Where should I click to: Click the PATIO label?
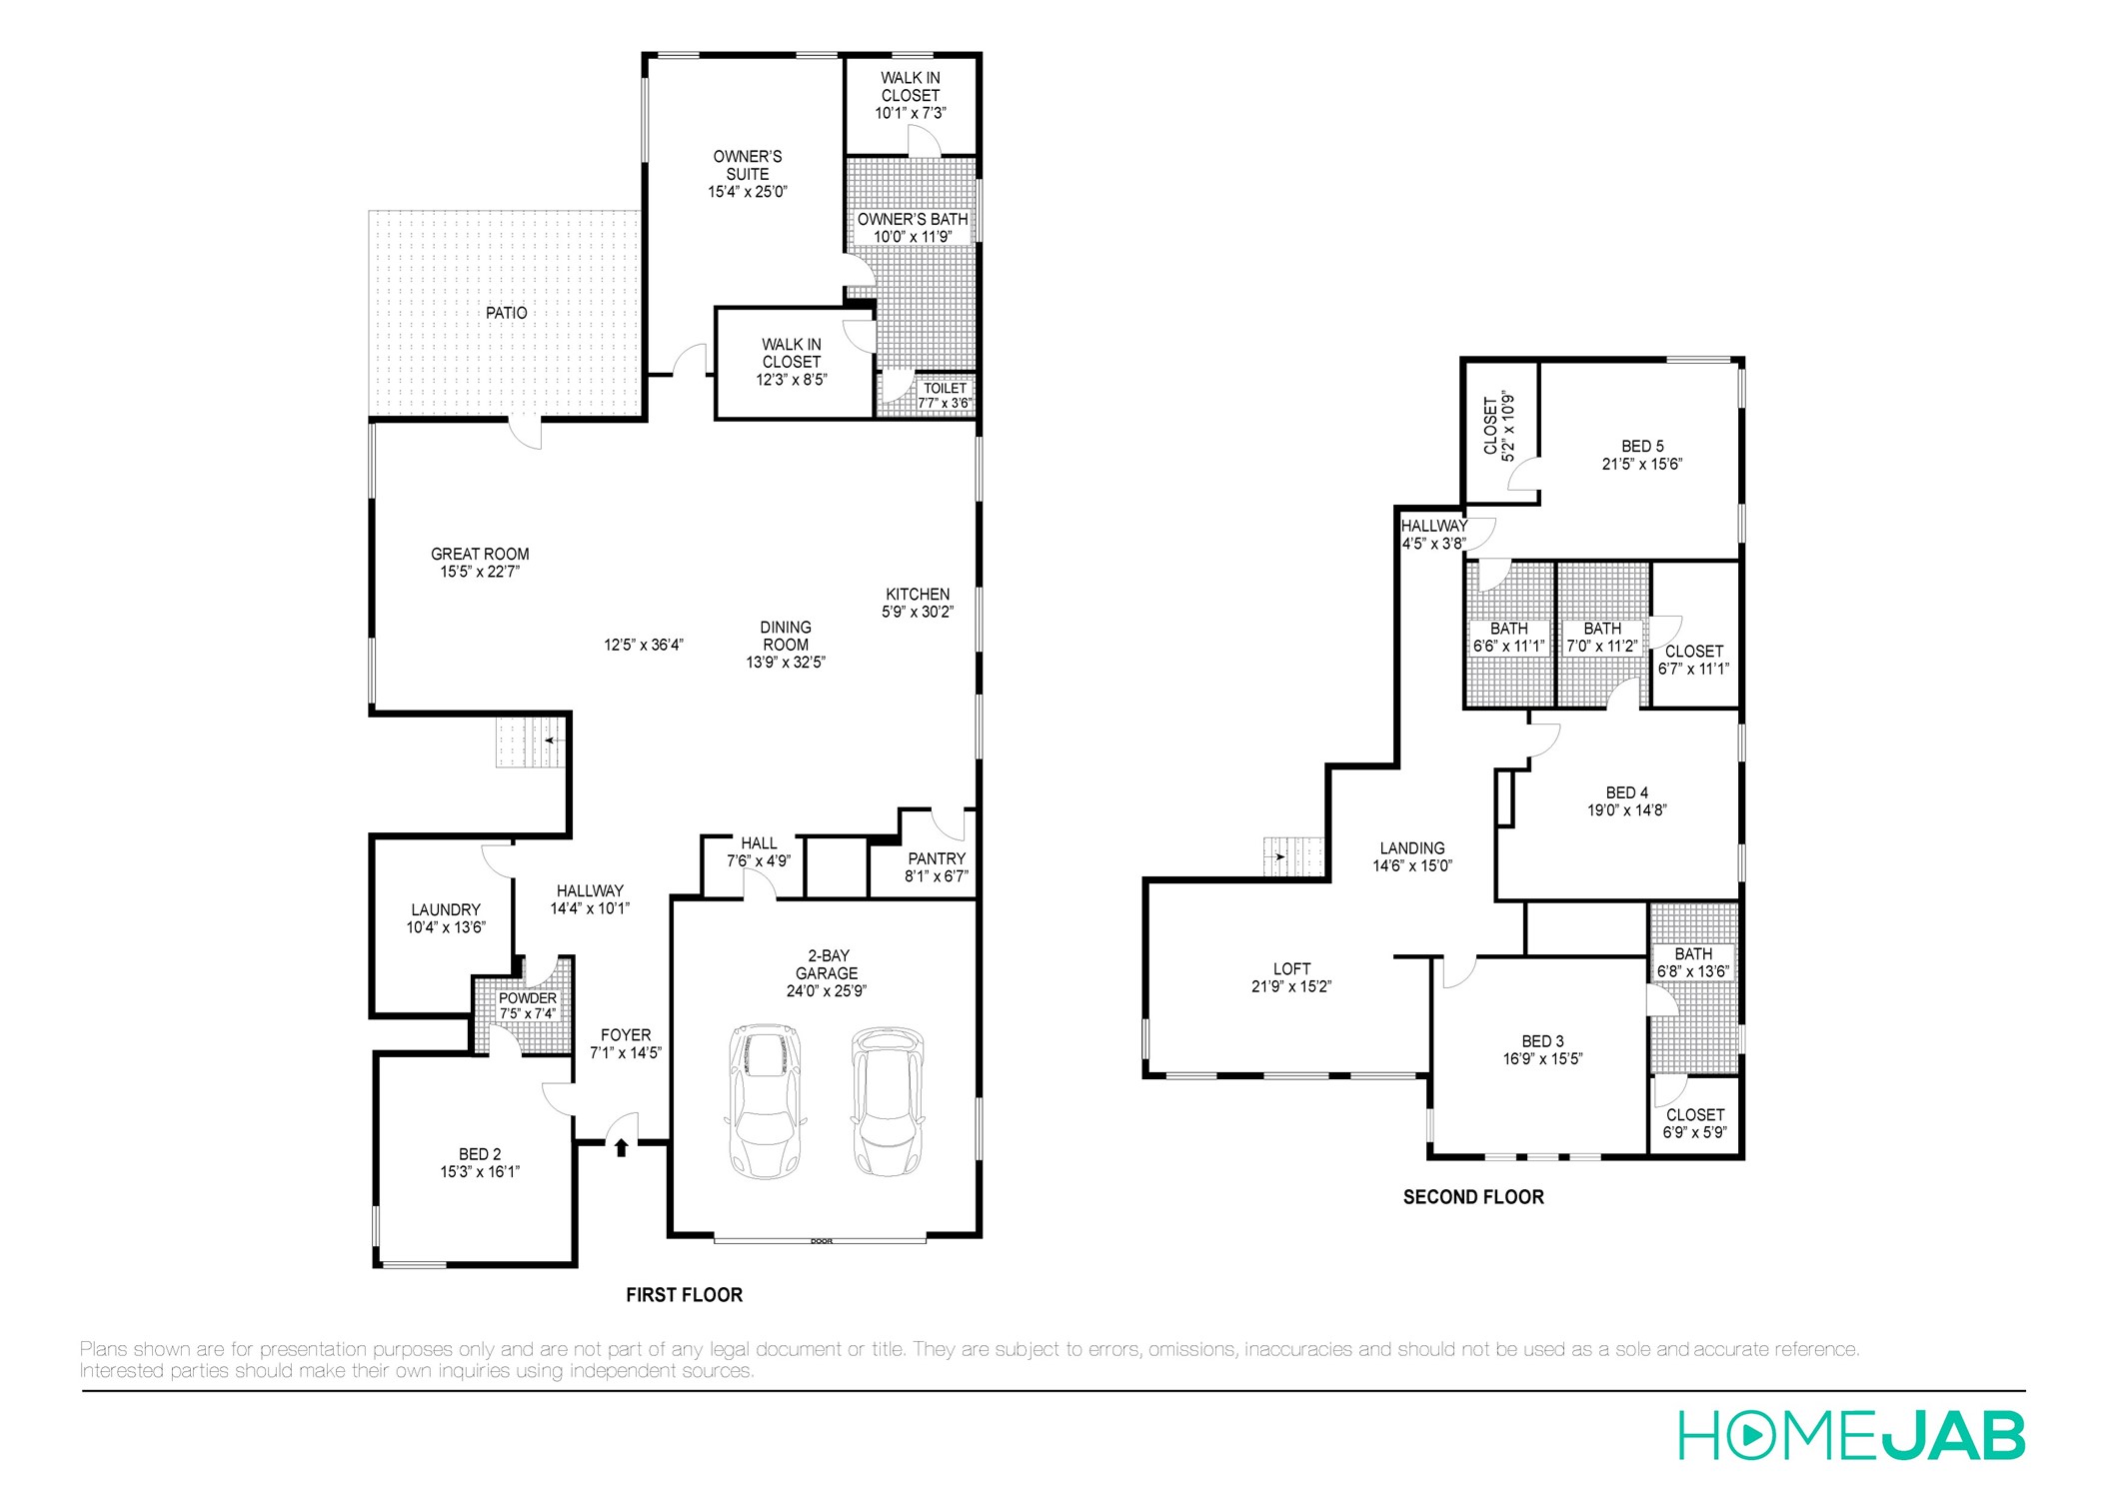tap(506, 313)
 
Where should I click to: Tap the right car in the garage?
tap(887, 1100)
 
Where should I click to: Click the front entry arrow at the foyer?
tap(621, 1147)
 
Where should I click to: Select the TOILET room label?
tap(945, 388)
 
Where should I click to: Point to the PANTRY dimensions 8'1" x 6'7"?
tap(937, 876)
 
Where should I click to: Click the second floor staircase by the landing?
tap(1293, 856)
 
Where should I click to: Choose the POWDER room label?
tap(527, 997)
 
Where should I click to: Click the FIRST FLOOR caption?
tap(684, 1294)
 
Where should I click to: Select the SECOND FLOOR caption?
tap(1472, 1196)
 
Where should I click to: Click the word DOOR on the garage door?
tap(821, 1241)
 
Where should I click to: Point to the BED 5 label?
tap(1642, 446)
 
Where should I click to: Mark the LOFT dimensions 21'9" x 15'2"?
tap(1291, 986)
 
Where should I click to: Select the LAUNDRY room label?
tap(446, 909)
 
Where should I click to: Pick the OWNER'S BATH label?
tap(912, 219)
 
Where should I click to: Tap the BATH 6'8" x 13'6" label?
tap(1693, 961)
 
